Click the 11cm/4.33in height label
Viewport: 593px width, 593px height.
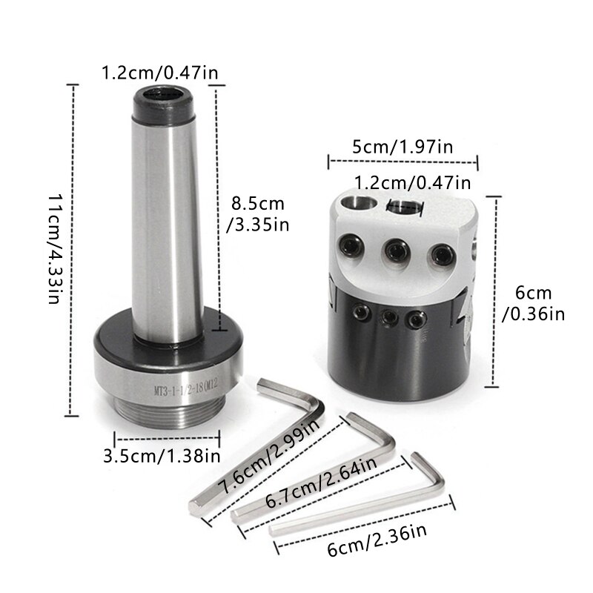[x=54, y=250]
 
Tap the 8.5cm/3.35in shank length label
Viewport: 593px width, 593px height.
[x=258, y=214]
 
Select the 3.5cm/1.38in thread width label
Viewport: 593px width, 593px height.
[x=162, y=456]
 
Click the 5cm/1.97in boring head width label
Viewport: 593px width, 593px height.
[x=402, y=147]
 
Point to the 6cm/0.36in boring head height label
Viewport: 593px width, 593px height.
[x=533, y=304]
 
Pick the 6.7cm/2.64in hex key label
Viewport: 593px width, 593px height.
[x=322, y=483]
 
